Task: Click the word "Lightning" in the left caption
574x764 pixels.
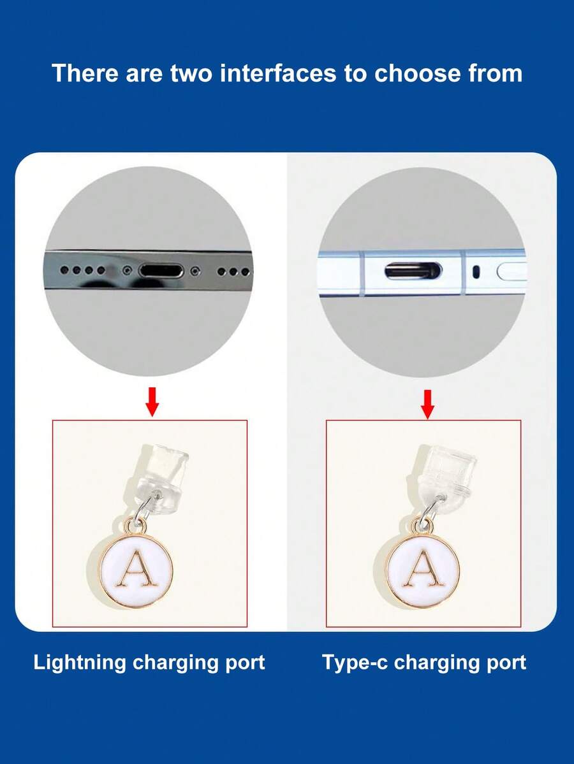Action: click(x=80, y=662)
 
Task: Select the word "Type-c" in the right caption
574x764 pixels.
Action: click(x=355, y=662)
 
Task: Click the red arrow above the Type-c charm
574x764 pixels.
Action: click(x=428, y=403)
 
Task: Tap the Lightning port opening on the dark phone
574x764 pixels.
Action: click(x=161, y=270)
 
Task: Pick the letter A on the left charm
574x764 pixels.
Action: click(x=136, y=569)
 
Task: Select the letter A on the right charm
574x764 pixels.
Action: click(x=422, y=569)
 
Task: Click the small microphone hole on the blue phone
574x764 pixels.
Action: click(x=475, y=271)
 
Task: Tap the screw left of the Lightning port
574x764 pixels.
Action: click(x=128, y=270)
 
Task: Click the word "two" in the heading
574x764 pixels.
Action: click(x=196, y=73)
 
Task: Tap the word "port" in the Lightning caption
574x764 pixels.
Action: click(x=242, y=662)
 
